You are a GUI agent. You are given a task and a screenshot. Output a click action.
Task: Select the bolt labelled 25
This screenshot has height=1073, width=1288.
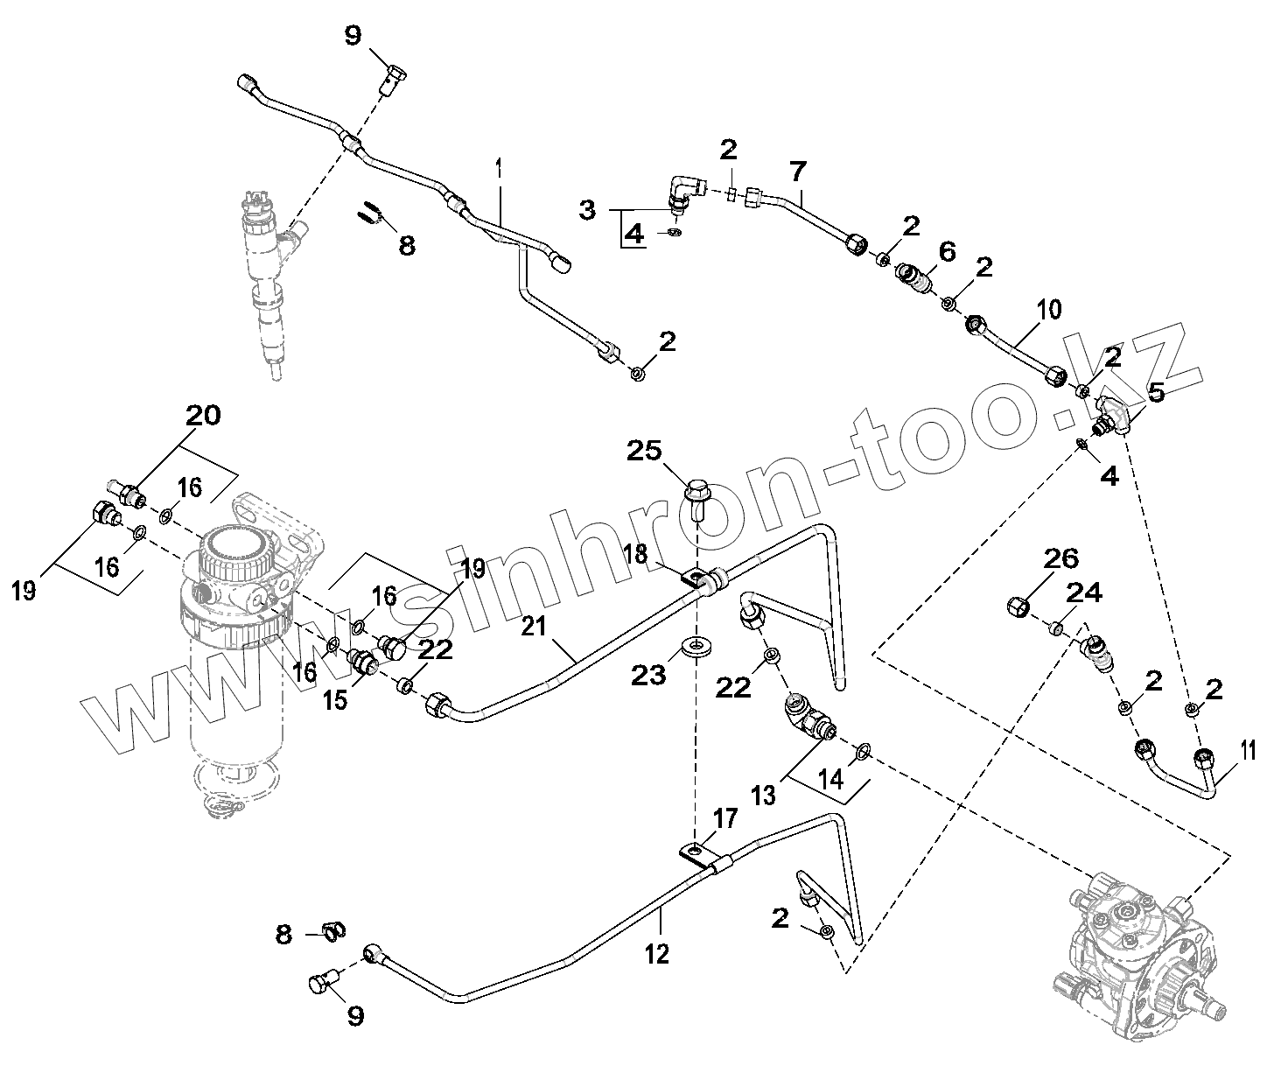pos(696,496)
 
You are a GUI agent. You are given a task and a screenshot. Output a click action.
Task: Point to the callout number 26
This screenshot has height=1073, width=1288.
pos(1060,558)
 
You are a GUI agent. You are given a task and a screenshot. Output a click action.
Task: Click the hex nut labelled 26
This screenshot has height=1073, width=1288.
pos(1019,605)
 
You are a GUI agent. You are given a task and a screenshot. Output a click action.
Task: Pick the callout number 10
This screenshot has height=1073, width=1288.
pos(1049,309)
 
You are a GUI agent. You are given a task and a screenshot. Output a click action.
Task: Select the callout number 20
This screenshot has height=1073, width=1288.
pos(203,416)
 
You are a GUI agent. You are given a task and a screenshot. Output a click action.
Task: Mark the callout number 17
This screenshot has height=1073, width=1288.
pos(725,820)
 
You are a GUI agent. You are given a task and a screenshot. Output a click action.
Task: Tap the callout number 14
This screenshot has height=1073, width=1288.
pos(831,777)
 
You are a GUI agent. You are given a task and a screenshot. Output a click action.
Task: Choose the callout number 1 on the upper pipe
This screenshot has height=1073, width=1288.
pos(499,166)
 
